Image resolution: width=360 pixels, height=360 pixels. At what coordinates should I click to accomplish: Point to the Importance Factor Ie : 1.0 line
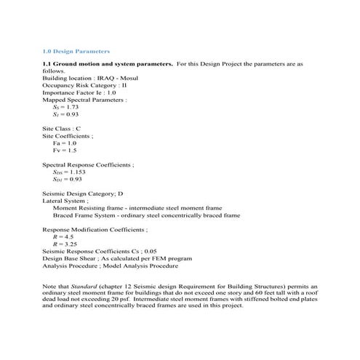[x=79, y=92]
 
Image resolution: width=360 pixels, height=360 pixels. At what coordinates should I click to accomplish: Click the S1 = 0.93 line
[x=65, y=114]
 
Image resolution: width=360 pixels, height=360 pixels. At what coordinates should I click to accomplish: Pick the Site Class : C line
[x=62, y=128]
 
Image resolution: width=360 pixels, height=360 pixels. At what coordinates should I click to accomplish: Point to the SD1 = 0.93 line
[x=67, y=179]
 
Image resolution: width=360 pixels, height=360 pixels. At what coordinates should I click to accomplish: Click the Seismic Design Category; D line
[x=82, y=194]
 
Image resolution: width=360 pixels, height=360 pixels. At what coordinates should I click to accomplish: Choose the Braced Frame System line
[x=145, y=215]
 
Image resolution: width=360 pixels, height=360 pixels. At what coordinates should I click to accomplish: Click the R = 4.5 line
[x=63, y=237]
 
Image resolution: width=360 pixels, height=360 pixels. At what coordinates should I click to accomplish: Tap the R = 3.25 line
[x=65, y=244]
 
